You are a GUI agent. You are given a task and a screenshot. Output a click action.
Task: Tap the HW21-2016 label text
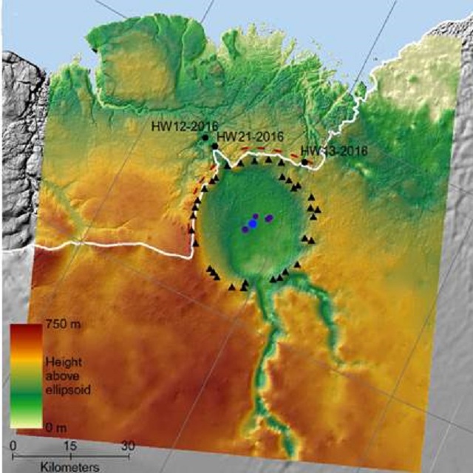point(251,136)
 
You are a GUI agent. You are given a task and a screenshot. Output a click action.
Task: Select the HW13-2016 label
point(334,151)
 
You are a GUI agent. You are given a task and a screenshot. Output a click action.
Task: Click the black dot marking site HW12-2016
point(205,137)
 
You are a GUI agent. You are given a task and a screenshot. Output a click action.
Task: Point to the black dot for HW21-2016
point(214,146)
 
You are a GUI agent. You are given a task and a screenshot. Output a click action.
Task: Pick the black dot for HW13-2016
point(304,162)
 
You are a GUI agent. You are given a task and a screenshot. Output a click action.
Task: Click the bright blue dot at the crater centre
point(252,224)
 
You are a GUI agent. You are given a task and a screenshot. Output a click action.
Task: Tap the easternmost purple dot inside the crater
point(269,217)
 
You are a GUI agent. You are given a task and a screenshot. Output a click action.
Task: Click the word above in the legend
point(61,375)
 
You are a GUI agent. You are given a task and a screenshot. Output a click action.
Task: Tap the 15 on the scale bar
point(71,446)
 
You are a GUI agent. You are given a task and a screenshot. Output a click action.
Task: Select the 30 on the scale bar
point(128,446)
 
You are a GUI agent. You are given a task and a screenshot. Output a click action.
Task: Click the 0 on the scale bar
point(14,446)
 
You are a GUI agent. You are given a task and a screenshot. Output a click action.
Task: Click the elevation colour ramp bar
point(26,375)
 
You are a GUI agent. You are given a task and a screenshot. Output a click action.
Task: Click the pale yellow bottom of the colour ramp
point(26,423)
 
